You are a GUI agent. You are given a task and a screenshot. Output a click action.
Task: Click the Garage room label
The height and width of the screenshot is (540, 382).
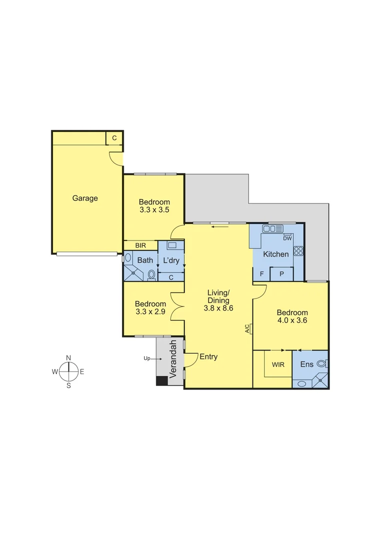click(85, 198)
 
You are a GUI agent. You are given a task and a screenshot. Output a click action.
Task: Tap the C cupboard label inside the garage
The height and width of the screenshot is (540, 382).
click(114, 138)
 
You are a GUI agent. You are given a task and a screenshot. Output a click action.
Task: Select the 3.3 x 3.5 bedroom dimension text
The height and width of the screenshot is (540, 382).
click(154, 210)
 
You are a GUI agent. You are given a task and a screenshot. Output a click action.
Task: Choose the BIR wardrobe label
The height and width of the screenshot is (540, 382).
click(141, 245)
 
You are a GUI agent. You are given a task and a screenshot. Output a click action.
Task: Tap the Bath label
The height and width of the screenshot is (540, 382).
click(145, 260)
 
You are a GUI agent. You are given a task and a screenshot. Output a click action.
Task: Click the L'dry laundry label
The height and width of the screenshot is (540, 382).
click(171, 260)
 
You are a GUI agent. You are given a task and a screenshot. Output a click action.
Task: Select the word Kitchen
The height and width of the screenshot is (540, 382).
click(276, 254)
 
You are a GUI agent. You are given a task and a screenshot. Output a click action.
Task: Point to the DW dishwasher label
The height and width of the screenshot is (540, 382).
click(287, 238)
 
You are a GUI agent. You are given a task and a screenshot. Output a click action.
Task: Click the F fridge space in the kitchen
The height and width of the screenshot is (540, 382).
click(261, 274)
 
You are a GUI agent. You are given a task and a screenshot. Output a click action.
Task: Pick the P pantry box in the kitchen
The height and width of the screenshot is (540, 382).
click(281, 274)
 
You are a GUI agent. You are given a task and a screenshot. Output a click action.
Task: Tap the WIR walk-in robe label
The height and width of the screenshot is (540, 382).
click(278, 364)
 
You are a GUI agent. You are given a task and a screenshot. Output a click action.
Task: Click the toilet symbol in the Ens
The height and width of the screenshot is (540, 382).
click(321, 364)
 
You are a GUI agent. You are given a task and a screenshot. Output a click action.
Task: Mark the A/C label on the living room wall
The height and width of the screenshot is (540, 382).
click(247, 328)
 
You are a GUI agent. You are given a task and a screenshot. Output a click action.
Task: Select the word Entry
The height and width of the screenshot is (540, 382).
click(208, 356)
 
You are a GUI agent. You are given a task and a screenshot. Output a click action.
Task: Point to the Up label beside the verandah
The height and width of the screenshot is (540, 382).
click(147, 358)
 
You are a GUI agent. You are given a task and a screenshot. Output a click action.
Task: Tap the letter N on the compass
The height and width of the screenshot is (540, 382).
click(68, 357)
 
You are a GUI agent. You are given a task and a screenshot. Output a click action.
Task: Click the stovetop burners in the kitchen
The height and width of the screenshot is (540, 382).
click(298, 251)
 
